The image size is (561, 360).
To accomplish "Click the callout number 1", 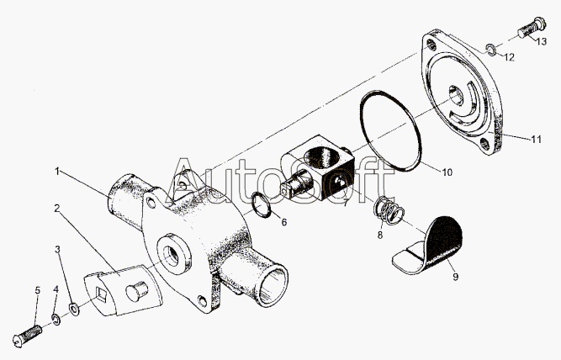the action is (x=57, y=172).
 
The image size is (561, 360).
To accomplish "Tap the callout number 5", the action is (x=38, y=290).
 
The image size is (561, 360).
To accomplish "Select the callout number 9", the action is (x=456, y=277).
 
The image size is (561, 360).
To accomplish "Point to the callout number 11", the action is (x=536, y=139).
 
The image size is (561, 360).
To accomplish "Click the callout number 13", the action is (x=542, y=41).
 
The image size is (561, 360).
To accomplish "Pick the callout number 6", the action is (x=284, y=222).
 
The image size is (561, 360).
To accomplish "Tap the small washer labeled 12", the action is (x=490, y=50).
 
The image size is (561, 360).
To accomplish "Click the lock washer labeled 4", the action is (x=56, y=319).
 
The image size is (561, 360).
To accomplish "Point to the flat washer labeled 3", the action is (x=74, y=309).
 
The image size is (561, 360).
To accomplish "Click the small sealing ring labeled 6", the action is (x=262, y=205).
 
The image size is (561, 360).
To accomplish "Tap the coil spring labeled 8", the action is (x=389, y=211).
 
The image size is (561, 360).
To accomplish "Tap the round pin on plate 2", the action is (x=136, y=289).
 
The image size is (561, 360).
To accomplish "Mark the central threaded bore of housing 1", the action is (x=172, y=254).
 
